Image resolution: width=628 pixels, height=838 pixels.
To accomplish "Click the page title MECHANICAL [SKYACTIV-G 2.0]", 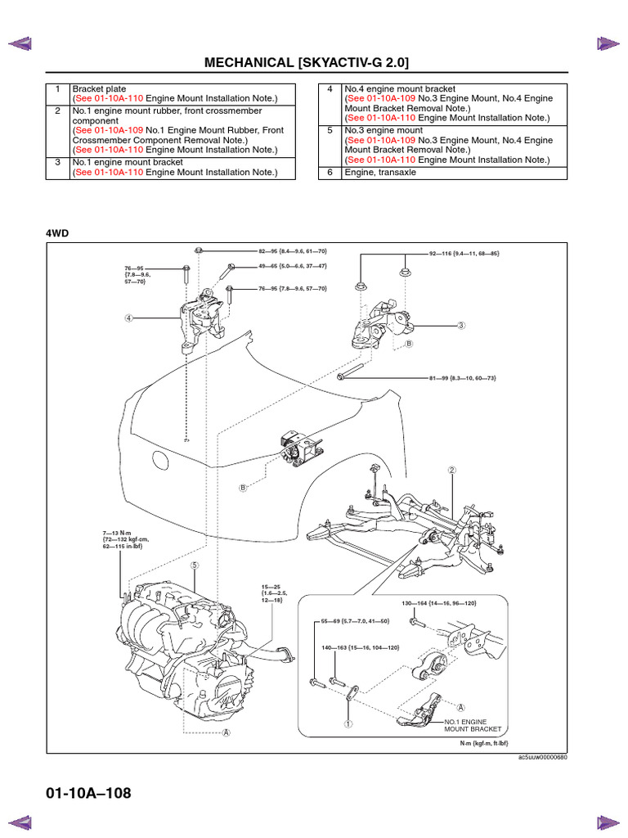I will [307, 63].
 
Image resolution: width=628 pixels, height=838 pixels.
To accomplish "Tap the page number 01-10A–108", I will [88, 793].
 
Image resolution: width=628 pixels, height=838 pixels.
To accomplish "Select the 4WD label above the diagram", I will [57, 233].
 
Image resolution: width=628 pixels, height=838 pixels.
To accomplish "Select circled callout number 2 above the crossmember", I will [451, 471].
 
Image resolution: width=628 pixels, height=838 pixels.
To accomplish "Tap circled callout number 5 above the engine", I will [195, 565].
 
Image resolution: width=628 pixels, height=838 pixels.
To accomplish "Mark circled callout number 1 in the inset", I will [348, 723].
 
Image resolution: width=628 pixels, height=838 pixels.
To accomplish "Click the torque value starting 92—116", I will [464, 254].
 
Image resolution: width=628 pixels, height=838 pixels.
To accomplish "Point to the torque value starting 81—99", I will [462, 378].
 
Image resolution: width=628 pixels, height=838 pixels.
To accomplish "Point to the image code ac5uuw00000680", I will [542, 756].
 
